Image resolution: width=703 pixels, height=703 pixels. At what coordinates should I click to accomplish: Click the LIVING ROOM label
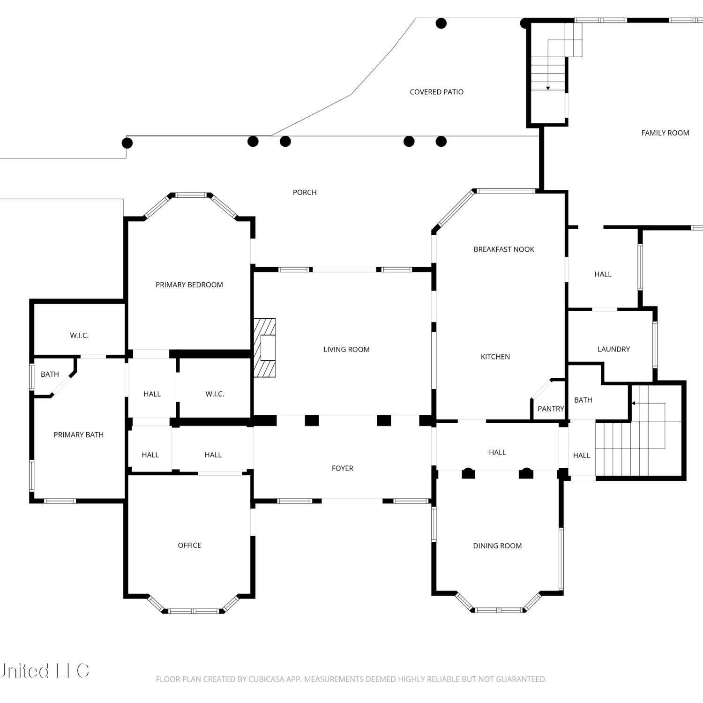click(x=346, y=349)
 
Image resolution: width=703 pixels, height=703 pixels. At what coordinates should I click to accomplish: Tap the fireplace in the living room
click(x=265, y=348)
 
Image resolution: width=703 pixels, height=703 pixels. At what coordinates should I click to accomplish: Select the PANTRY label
click(x=551, y=409)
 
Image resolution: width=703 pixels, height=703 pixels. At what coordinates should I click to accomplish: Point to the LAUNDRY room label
click(x=613, y=349)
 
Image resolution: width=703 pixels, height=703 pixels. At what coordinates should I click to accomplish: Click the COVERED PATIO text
click(x=436, y=92)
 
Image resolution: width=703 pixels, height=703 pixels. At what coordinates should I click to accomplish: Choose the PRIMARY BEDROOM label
click(x=189, y=284)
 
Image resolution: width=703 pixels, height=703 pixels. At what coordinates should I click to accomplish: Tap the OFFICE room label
click(x=189, y=545)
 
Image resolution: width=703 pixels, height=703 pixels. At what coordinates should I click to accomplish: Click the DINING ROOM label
click(x=497, y=546)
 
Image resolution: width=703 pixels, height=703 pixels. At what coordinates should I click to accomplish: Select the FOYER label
click(x=343, y=468)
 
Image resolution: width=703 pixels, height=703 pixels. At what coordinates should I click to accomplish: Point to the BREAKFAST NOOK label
click(x=504, y=249)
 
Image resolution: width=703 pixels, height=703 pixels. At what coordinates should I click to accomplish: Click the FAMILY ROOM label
click(x=665, y=133)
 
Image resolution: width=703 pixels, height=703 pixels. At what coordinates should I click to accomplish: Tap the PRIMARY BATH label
click(x=79, y=435)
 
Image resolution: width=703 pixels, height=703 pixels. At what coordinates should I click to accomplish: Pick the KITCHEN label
click(x=495, y=357)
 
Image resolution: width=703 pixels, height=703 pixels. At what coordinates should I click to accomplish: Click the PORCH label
click(x=305, y=192)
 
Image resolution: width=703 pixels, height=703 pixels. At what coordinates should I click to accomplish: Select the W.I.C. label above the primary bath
click(x=79, y=335)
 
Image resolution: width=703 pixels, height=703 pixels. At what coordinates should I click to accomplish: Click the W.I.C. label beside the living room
click(x=215, y=394)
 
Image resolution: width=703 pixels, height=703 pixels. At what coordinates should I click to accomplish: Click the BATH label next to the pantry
click(x=583, y=400)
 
